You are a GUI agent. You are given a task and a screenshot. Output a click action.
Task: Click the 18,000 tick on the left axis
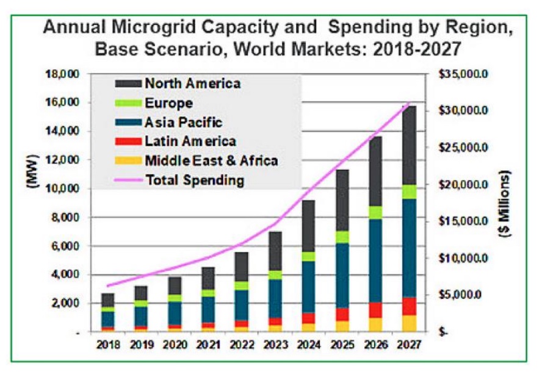62,74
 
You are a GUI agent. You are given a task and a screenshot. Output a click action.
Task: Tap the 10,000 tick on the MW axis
62,189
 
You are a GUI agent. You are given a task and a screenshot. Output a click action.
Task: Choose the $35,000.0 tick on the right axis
461,74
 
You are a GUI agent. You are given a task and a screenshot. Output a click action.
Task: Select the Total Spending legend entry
195,180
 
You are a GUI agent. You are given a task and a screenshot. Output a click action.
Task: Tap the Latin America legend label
190,142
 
